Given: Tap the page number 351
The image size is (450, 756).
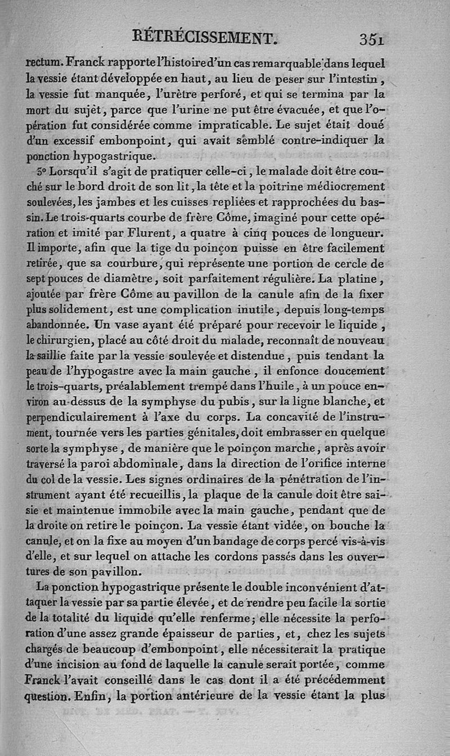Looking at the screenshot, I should coord(372,39).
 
